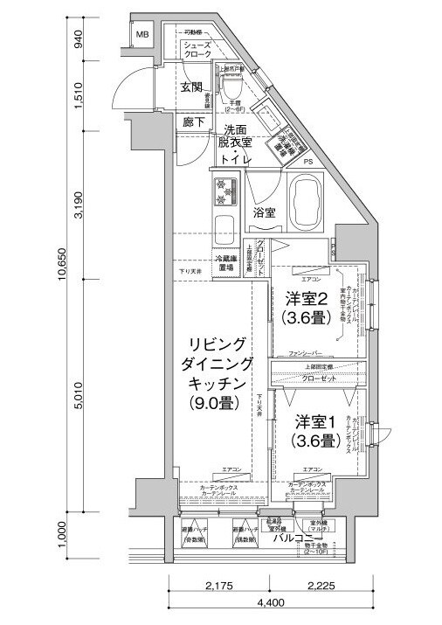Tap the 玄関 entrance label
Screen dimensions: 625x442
192,88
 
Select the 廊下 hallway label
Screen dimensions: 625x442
194,122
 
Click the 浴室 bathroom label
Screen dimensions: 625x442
266,212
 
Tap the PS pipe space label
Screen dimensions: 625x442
307,162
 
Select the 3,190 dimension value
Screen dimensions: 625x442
78,207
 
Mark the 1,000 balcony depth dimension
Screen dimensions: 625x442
78,536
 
